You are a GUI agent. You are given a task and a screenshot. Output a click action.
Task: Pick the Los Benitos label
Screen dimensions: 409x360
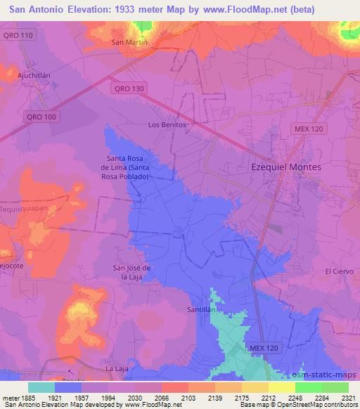point(167,124)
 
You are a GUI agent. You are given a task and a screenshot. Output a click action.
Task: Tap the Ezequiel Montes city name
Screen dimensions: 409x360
point(286,167)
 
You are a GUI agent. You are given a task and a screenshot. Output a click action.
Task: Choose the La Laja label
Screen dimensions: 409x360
point(115,368)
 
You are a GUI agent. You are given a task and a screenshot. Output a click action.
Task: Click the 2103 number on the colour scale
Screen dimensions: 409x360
point(188,397)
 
